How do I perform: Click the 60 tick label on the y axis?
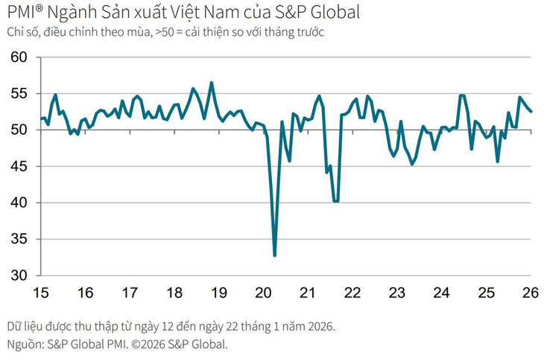18,57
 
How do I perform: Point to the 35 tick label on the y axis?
18,239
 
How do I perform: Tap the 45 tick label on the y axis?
18,166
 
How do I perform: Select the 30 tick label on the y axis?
18,275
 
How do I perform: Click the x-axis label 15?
42,292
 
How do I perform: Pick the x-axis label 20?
264,292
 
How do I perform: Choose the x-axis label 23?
397,292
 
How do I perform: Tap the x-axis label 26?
531,292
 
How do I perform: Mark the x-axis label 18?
175,292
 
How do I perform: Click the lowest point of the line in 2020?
275,256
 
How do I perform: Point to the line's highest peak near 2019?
212,83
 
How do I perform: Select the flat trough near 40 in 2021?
336,201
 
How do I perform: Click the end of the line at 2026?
531,112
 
